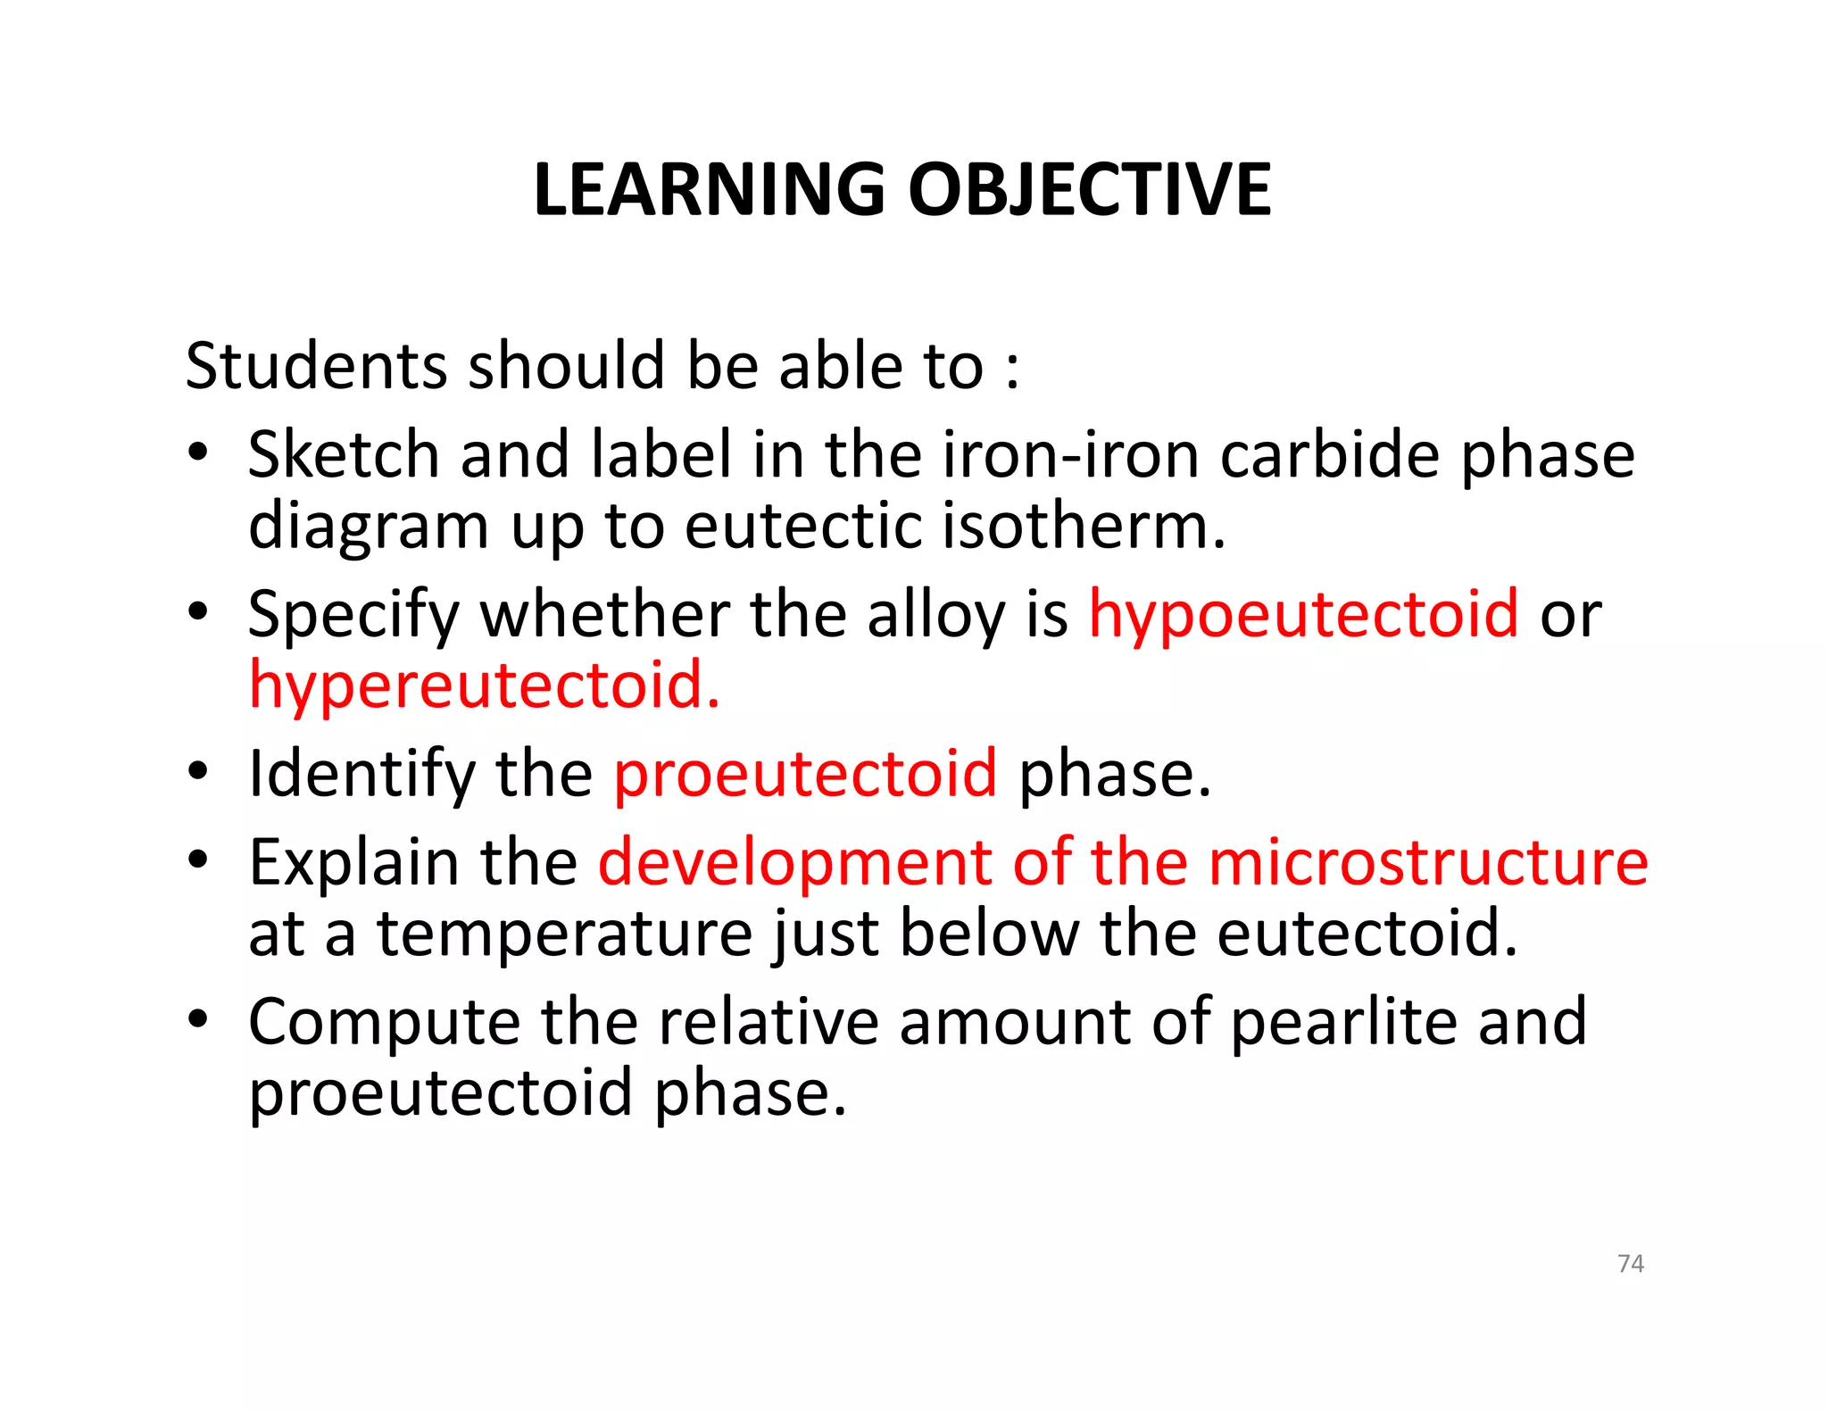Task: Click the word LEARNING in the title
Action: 709,189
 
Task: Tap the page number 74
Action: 1630,1263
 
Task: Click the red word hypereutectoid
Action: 483,685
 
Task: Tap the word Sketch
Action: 344,454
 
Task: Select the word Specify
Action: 353,616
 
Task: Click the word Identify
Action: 361,775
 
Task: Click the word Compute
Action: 384,1023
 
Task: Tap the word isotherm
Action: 1084,526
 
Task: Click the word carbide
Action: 1329,454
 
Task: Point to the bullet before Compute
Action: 198,1017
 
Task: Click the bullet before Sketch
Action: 198,451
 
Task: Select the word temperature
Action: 564,934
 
